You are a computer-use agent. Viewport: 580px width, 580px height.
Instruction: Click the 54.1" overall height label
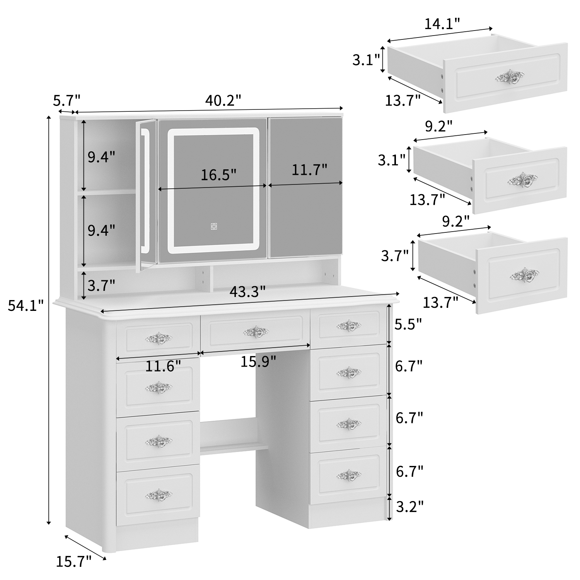[x=26, y=306]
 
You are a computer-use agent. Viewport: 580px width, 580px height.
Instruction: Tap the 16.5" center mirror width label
[x=218, y=175]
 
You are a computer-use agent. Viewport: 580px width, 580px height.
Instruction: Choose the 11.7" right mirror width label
[x=309, y=169]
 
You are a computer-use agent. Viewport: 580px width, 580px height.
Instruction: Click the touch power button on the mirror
[x=214, y=226]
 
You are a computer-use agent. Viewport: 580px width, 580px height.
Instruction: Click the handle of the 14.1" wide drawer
[x=510, y=78]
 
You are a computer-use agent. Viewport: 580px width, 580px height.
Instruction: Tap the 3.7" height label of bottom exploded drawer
[x=395, y=256]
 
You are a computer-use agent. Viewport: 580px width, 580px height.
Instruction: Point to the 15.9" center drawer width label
[x=258, y=362]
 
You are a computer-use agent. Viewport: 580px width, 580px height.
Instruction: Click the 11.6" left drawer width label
[x=163, y=366]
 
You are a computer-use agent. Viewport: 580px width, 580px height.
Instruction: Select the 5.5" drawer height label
[x=408, y=324]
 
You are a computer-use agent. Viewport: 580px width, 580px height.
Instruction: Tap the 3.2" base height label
[x=409, y=507]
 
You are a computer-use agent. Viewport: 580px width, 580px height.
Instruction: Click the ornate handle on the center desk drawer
[x=256, y=331]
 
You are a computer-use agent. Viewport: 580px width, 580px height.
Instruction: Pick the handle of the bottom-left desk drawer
[x=159, y=494]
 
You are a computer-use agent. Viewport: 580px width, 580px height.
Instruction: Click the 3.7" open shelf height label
[x=101, y=286]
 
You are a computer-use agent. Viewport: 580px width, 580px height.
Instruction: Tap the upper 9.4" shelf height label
[x=101, y=157]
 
